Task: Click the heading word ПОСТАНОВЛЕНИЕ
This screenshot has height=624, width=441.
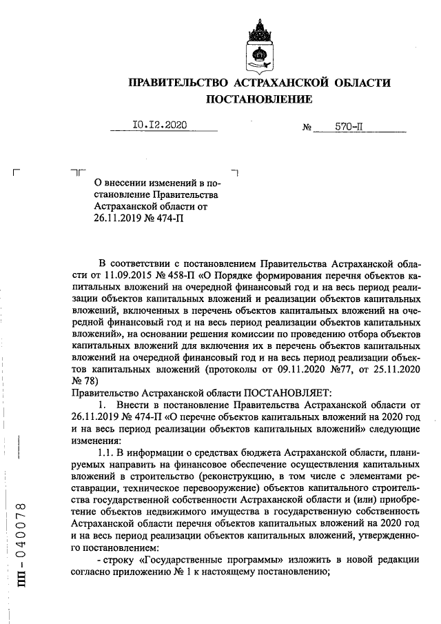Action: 259,99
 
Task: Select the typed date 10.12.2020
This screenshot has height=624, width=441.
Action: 159,126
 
